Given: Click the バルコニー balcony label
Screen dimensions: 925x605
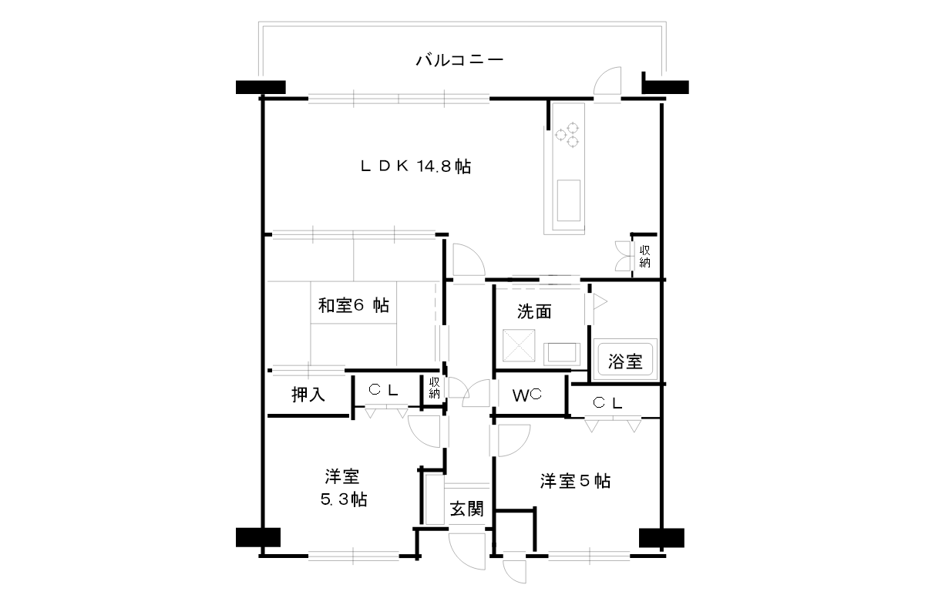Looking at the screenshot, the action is click(x=459, y=60).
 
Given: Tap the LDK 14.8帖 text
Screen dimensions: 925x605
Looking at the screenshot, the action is click(x=415, y=166).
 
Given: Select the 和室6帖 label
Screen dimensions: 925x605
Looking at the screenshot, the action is click(x=354, y=306).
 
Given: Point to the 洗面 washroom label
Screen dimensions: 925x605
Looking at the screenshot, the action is click(x=534, y=312).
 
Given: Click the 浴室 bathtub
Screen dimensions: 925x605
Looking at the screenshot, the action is click(x=625, y=360).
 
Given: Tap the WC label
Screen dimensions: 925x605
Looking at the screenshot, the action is click(x=527, y=395).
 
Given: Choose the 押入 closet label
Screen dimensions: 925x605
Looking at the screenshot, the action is click(x=308, y=395).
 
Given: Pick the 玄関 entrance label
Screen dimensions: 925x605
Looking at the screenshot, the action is click(x=466, y=509).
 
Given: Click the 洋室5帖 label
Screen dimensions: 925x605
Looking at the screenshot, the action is click(x=575, y=481).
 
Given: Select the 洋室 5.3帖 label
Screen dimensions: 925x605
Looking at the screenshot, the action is click(x=343, y=488).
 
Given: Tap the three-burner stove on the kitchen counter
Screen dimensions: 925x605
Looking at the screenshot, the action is click(x=567, y=134).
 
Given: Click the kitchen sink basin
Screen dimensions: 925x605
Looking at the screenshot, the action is click(x=569, y=200).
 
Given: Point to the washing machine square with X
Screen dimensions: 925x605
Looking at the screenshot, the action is click(x=519, y=345).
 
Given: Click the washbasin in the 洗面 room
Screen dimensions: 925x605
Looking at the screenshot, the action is click(x=562, y=354).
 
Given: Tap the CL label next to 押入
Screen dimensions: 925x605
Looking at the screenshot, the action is click(x=383, y=390).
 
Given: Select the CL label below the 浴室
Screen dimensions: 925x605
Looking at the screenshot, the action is click(x=607, y=402).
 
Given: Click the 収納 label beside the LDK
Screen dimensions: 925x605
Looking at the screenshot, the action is click(x=644, y=257).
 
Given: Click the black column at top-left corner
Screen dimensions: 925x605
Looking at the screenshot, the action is click(x=261, y=87).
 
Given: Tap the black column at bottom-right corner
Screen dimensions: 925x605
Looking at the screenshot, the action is click(x=661, y=538).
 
